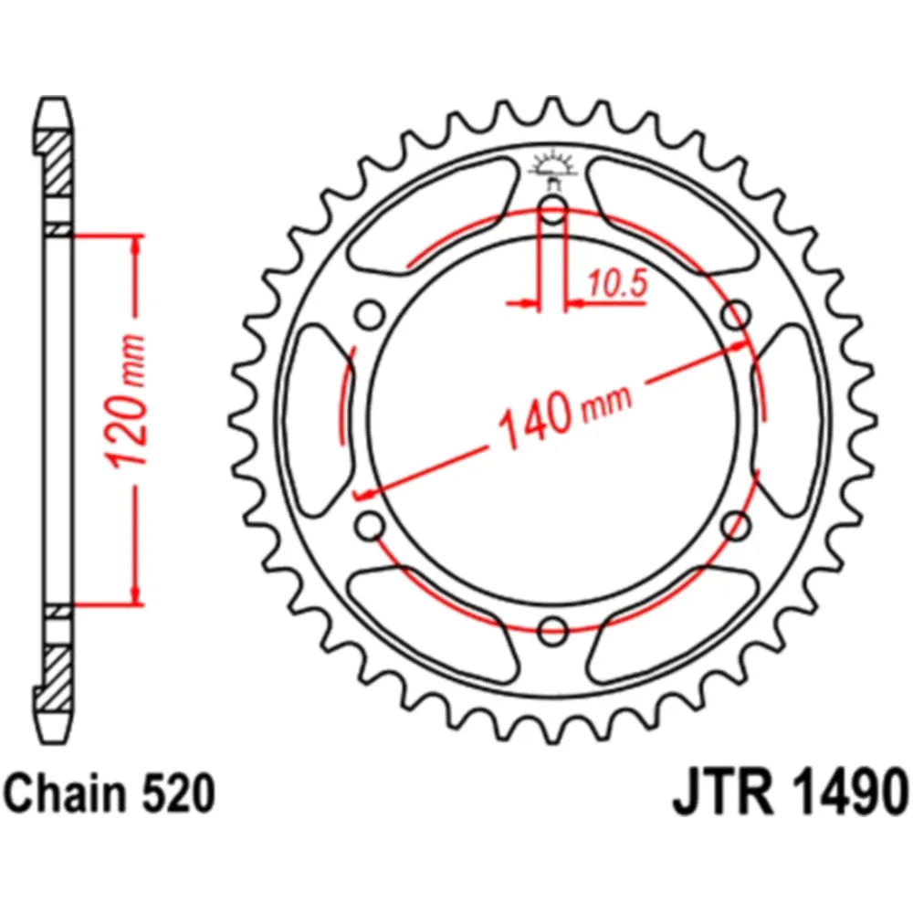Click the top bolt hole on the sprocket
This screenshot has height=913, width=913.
pos(553,210)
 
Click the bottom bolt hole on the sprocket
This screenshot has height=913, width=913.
pos(553,630)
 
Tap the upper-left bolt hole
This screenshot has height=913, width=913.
pos(371,316)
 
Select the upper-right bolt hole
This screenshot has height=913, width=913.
pos(736,316)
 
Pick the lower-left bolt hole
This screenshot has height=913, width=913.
pos(371,525)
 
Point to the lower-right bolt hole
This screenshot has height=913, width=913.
pos(736,525)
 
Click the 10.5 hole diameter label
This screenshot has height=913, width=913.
pos(617,284)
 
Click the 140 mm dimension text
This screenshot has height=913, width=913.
pos(563,415)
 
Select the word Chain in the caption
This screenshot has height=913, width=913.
pos(64,793)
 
